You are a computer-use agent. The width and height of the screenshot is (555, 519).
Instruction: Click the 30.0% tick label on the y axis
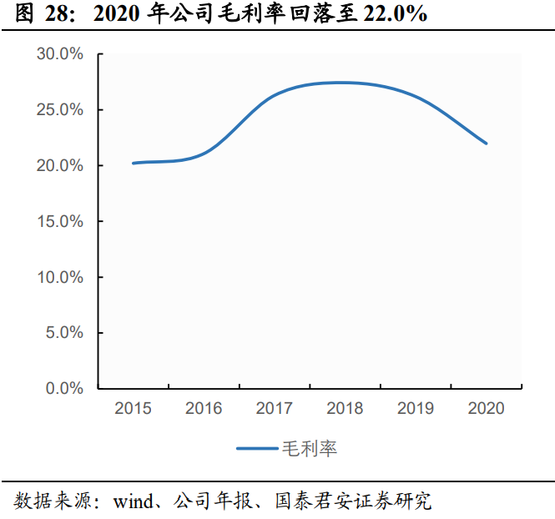[60, 54]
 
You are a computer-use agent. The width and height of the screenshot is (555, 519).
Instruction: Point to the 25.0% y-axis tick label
[60, 110]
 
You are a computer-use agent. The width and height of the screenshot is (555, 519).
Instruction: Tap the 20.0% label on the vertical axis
[60, 166]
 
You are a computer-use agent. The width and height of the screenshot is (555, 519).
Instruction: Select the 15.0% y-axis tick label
[60, 222]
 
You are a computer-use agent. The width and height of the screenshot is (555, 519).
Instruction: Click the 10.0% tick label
[60, 277]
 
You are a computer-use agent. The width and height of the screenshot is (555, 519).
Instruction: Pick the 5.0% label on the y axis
[63, 333]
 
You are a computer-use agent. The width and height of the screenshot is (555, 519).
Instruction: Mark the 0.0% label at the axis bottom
[63, 389]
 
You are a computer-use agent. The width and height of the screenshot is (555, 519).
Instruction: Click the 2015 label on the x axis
[133, 408]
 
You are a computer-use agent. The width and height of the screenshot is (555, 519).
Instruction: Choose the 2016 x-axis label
[204, 408]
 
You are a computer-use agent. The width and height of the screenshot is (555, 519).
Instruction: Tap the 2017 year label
[275, 408]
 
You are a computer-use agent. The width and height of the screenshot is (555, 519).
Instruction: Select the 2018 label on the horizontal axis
[345, 408]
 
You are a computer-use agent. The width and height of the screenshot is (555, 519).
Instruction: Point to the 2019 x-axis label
[416, 408]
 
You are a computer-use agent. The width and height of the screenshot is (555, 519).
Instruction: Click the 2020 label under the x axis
[487, 408]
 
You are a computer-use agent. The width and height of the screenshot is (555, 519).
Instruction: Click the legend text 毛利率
[310, 449]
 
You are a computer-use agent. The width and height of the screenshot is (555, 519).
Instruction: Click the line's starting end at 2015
[134, 163]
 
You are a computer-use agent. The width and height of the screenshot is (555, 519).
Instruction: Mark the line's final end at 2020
[486, 144]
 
